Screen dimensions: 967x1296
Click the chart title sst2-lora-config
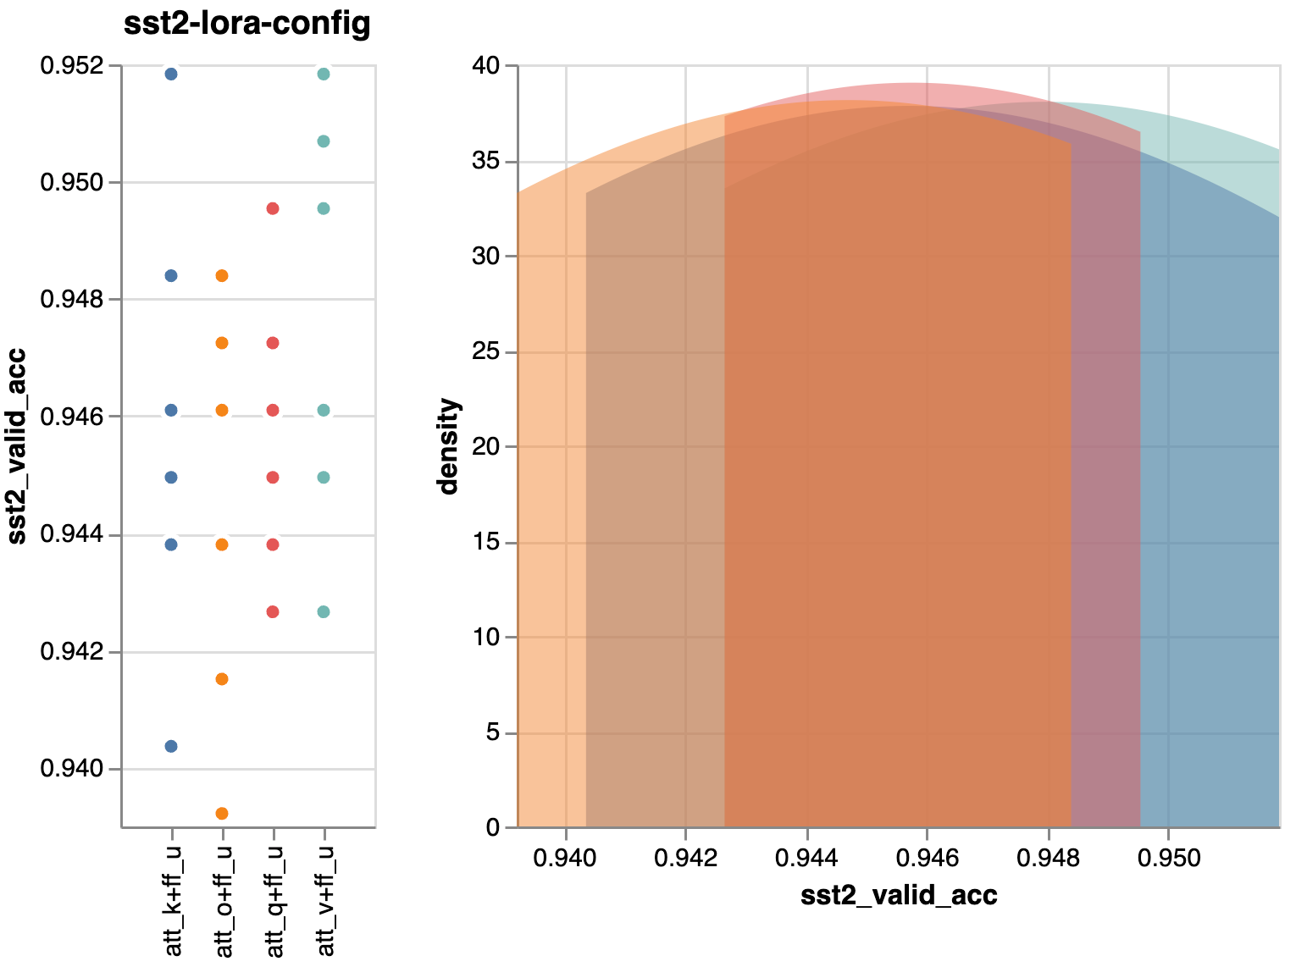(246, 24)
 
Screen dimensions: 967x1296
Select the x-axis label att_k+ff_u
(173, 900)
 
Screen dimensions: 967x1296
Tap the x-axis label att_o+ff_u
(224, 900)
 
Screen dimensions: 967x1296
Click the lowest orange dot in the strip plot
(222, 814)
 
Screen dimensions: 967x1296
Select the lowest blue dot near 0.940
(171, 746)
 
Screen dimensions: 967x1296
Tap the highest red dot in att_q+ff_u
(273, 208)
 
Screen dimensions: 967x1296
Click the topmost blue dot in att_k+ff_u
(171, 75)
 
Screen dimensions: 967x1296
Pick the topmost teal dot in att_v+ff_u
(324, 75)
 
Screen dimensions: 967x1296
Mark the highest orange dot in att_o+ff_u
(222, 275)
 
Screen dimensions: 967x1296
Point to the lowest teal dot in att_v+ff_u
(324, 611)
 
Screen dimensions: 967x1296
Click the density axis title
(447, 446)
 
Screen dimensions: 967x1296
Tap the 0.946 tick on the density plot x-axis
(928, 858)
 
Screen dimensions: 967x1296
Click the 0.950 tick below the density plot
(1169, 858)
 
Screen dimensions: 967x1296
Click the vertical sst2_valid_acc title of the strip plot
(17, 446)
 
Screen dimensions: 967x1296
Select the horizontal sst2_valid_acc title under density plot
(899, 896)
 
